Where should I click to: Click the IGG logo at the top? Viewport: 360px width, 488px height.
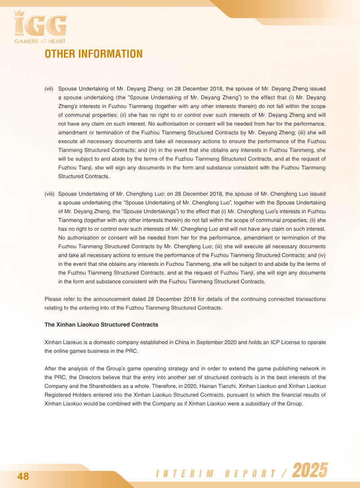coord(40,25)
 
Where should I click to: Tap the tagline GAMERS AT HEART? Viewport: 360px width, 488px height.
coord(40,42)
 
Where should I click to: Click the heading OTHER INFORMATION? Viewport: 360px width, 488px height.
coord(93,54)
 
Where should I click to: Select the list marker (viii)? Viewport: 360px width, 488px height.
coord(49,194)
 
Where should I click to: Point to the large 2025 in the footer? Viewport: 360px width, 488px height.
coord(310,471)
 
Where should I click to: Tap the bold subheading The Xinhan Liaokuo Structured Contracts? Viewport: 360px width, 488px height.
coord(101,324)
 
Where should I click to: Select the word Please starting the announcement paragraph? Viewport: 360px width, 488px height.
coord(53,299)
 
